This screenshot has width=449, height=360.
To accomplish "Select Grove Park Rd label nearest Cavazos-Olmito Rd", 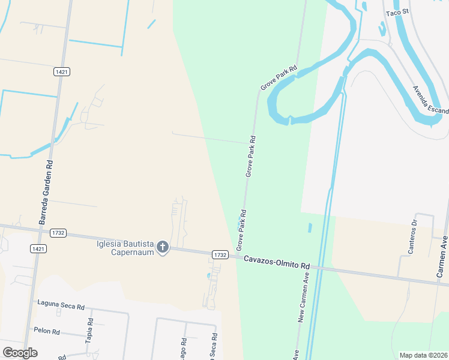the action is click(241, 230).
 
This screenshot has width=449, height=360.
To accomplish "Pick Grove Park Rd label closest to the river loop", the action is click(279, 78).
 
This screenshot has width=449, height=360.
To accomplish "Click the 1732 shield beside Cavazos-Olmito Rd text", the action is click(220, 255).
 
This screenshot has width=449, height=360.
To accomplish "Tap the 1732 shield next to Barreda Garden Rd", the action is click(58, 233).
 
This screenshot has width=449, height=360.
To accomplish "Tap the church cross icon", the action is click(162, 247).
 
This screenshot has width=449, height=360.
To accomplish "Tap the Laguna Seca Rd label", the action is click(61, 305).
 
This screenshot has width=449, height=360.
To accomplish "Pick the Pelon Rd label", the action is click(47, 331).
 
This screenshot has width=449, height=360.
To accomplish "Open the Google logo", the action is click(20, 353).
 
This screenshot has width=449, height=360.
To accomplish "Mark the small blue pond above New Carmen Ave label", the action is click(310, 228).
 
